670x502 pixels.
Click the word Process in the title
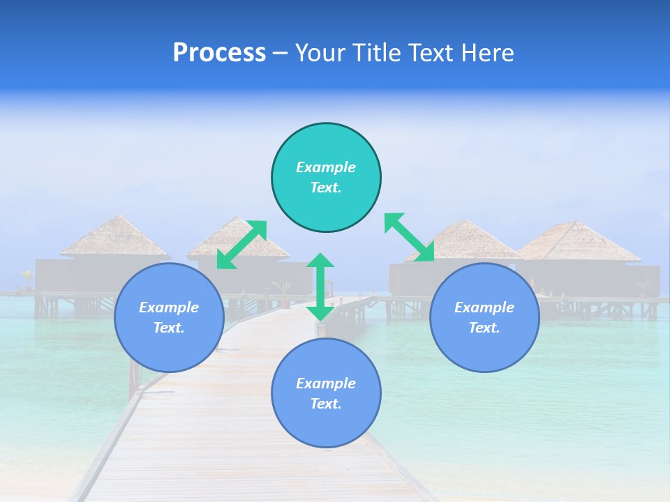(x=219, y=53)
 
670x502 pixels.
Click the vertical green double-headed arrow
(x=320, y=287)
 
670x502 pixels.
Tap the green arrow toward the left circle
(x=241, y=245)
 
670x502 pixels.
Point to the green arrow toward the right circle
(x=410, y=238)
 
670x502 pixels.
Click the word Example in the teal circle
(x=326, y=167)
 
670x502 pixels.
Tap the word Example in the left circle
(x=169, y=307)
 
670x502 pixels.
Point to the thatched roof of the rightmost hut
(x=577, y=242)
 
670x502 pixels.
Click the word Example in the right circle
(x=484, y=307)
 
